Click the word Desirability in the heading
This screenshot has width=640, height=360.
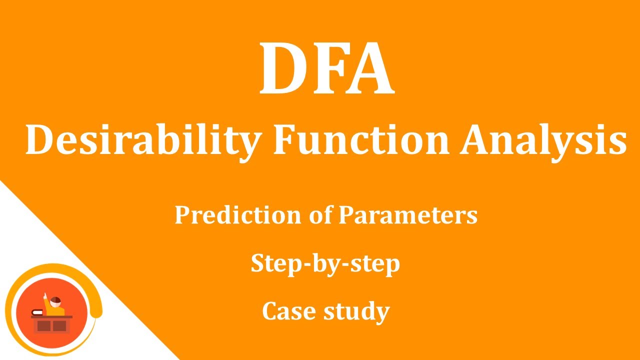tap(142, 141)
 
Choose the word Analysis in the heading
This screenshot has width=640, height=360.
tap(543, 141)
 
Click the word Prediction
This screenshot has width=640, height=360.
tap(238, 215)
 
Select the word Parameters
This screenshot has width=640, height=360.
tap(408, 215)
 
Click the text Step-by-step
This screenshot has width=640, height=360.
tap(325, 264)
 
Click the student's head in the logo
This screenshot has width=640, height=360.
tap(56, 301)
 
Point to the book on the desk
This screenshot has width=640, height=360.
tap(37, 312)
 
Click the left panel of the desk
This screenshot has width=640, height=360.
tap(44, 326)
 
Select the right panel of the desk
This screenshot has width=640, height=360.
tap(59, 326)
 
